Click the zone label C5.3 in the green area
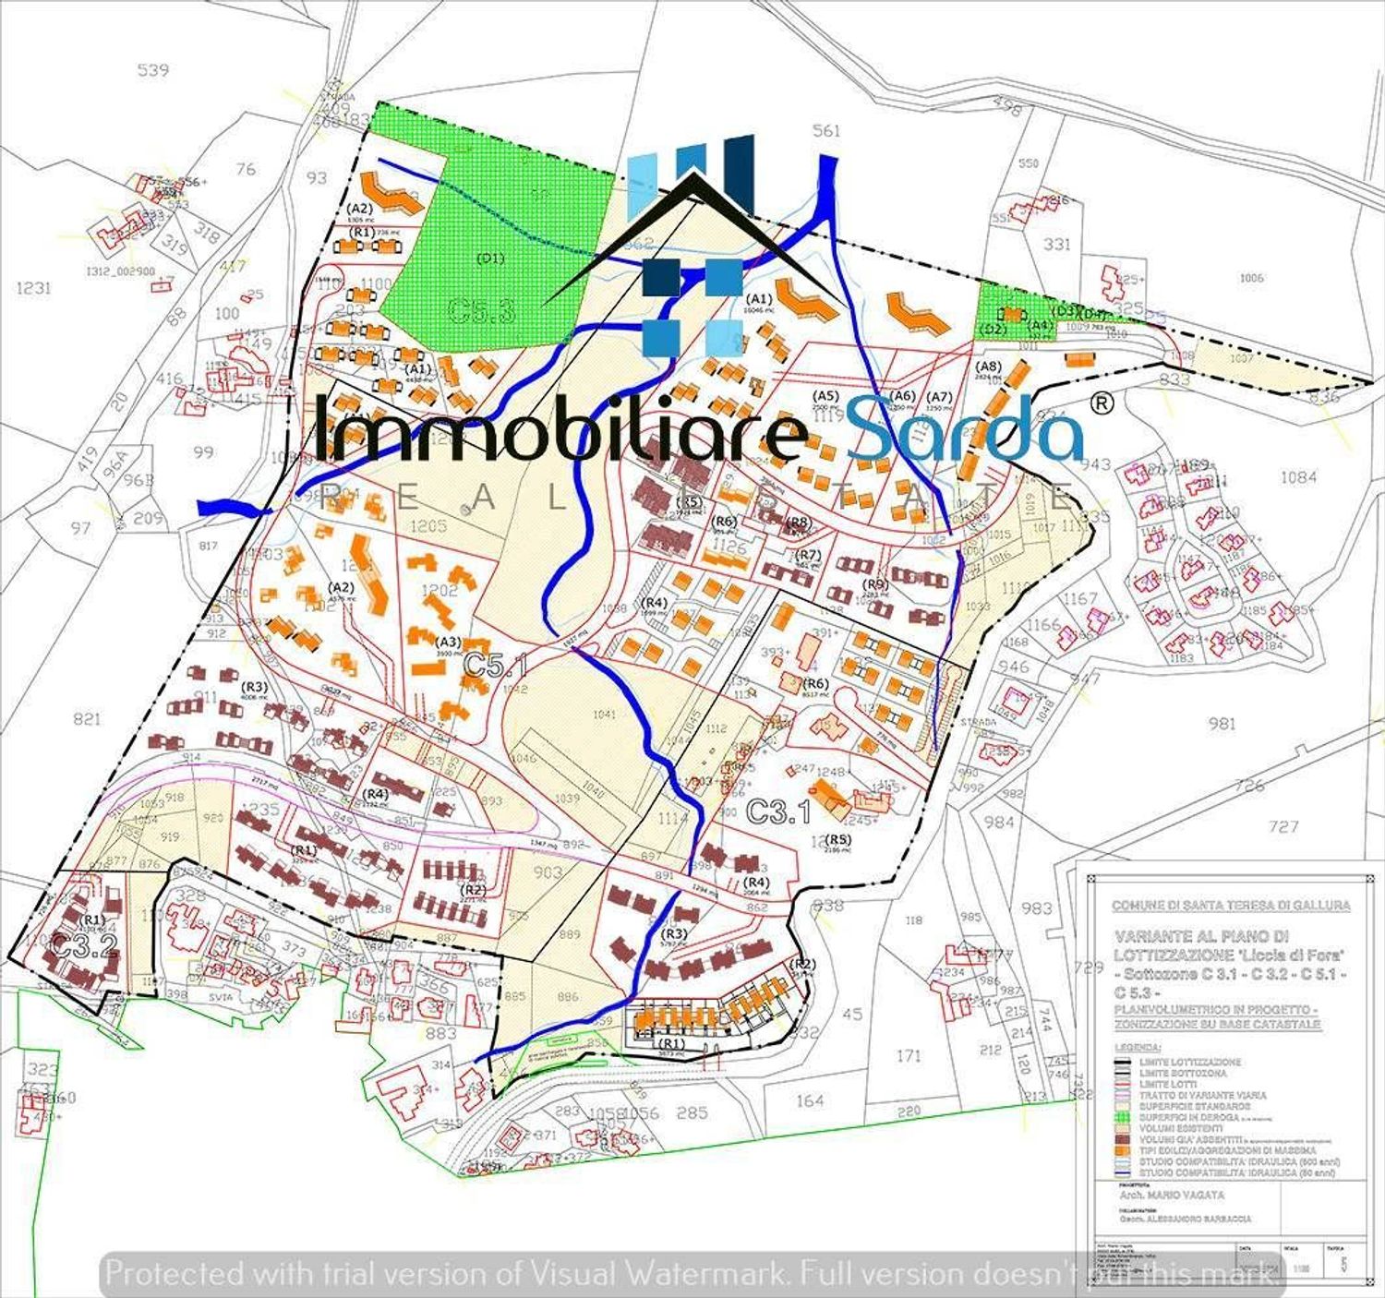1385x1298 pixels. (x=481, y=309)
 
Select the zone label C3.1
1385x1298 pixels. (x=777, y=811)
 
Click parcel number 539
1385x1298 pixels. (x=152, y=69)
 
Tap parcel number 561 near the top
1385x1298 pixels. (x=825, y=130)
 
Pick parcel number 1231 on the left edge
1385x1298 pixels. (x=33, y=288)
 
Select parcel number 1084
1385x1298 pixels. (x=1298, y=476)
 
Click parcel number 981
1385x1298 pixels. (x=1222, y=723)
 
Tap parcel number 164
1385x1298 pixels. (x=809, y=1100)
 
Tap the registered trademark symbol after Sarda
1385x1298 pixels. (x=1102, y=403)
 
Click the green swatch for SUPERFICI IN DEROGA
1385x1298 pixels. (x=1124, y=1117)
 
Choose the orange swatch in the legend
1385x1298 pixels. (x=1124, y=1150)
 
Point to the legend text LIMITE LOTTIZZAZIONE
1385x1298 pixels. (x=1190, y=1063)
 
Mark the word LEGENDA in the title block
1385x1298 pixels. (x=1137, y=1048)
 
